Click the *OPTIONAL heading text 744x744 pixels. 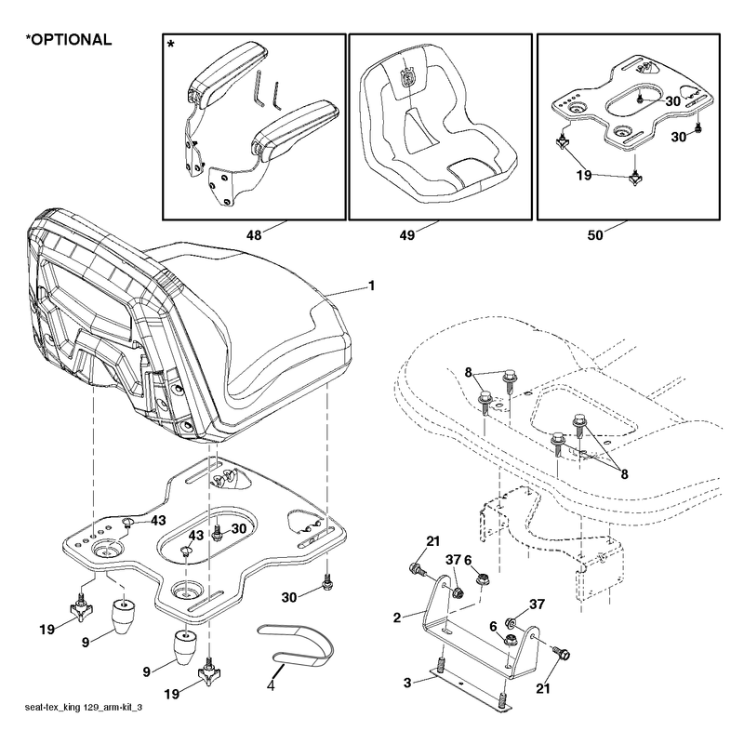point(69,39)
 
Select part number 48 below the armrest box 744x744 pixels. point(254,235)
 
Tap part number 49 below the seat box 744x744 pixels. point(407,235)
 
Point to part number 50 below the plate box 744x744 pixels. point(595,235)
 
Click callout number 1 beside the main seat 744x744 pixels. point(371,286)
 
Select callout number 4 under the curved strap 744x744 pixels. point(271,685)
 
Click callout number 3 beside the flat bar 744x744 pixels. point(407,683)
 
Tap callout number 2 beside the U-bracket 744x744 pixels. point(397,618)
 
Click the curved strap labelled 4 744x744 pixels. point(295,644)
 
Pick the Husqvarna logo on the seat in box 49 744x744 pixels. point(407,77)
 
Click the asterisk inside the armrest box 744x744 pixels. point(171,46)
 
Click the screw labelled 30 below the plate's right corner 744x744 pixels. point(326,582)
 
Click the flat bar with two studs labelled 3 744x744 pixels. point(471,689)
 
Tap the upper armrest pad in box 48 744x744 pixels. point(227,72)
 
